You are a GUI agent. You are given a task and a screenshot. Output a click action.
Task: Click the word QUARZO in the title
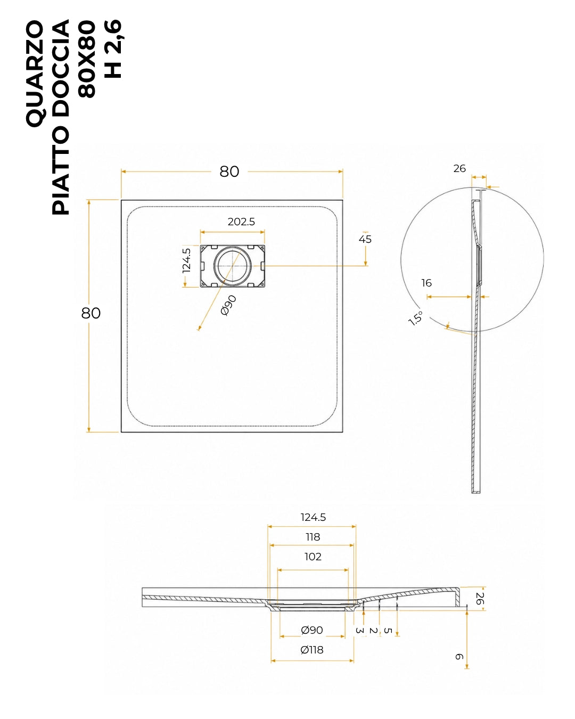pyautogui.click(x=35, y=73)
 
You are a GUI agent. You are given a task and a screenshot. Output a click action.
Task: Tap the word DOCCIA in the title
pyautogui.click(x=61, y=69)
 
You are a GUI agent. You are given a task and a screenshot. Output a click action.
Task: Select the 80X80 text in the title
pyautogui.click(x=87, y=59)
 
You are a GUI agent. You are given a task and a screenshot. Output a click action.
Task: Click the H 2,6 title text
pyautogui.click(x=113, y=49)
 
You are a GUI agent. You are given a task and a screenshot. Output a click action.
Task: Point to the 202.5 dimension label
pyautogui.click(x=241, y=222)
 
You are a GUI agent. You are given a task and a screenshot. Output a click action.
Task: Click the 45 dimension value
pyautogui.click(x=365, y=239)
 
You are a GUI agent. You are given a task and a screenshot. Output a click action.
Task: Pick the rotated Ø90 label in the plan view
pyautogui.click(x=228, y=305)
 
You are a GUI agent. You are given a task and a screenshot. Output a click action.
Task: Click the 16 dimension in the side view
pyautogui.click(x=426, y=283)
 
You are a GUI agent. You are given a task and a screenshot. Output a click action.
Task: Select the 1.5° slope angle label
pyautogui.click(x=416, y=318)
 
